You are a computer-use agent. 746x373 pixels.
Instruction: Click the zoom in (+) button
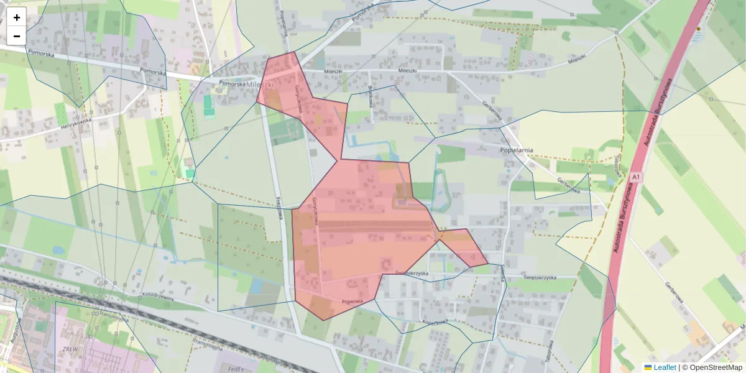(17, 17)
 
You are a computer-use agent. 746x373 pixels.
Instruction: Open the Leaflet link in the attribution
(665, 367)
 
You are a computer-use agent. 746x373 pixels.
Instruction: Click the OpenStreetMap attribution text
(712, 367)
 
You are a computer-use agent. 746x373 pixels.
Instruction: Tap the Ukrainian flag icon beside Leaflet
(648, 367)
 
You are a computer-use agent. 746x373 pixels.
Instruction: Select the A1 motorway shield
(635, 178)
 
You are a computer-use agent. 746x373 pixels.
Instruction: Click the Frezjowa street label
(279, 210)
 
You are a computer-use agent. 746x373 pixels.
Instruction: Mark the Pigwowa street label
(351, 301)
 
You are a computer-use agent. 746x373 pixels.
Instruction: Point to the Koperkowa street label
(435, 322)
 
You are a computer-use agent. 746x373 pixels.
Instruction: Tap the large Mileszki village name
(260, 85)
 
